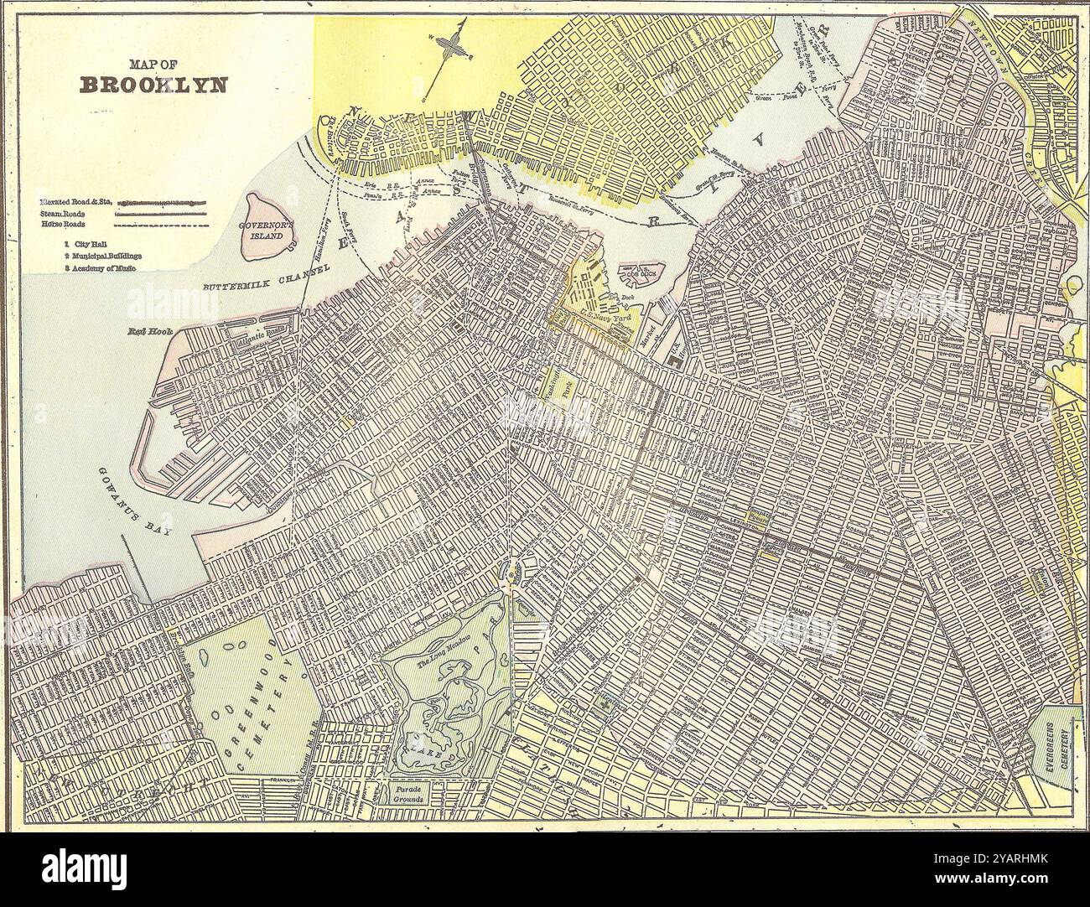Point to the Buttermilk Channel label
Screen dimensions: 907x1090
pos(263,279)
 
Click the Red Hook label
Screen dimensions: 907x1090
pos(149,332)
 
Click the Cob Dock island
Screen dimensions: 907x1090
pos(640,272)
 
